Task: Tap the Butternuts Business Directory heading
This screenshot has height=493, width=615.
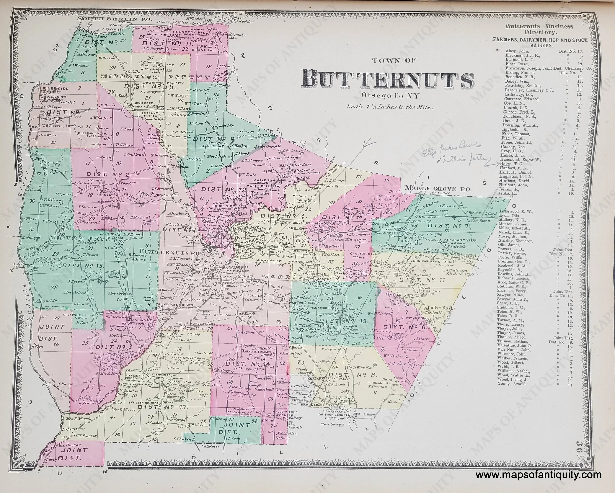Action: (x=539, y=29)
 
